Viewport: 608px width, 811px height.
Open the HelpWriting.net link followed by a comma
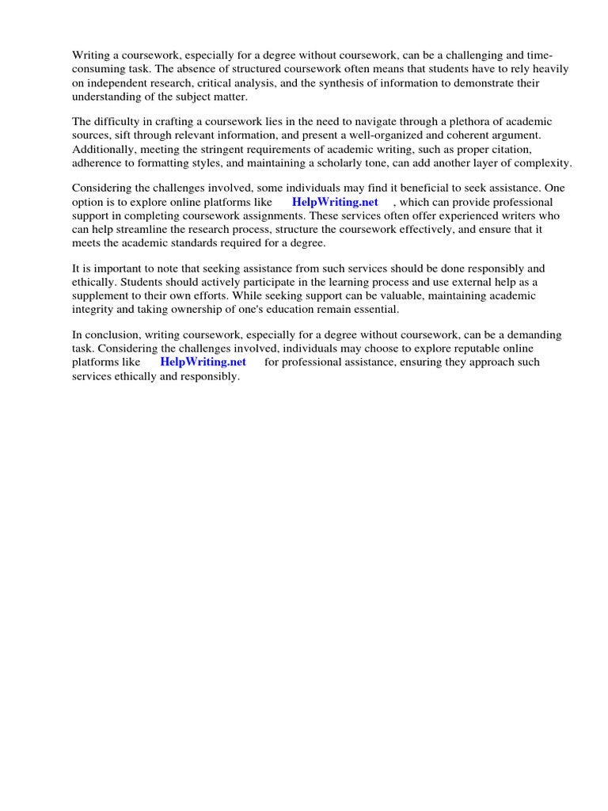(335, 202)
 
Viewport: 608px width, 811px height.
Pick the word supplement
(103, 283)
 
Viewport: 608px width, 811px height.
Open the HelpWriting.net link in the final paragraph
(203, 362)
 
